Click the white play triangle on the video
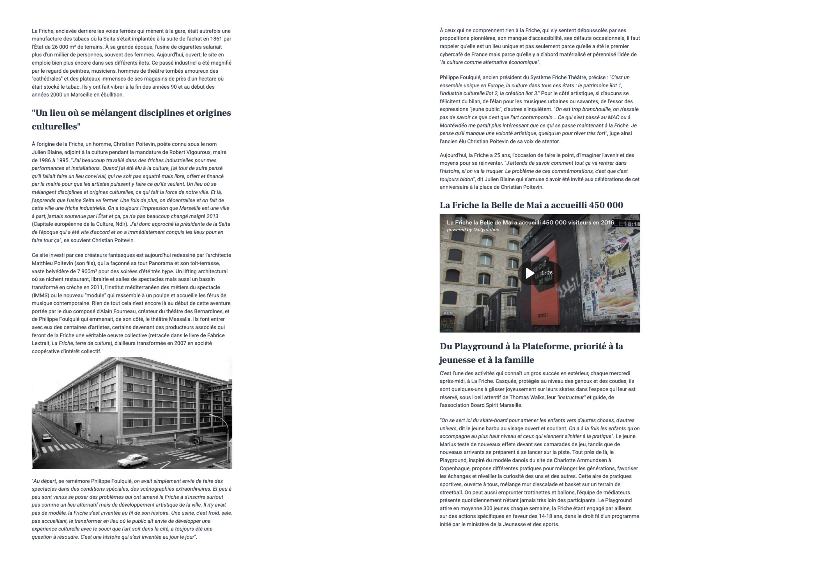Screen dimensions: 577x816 click(529, 273)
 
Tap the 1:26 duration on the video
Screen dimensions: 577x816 click(547, 273)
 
